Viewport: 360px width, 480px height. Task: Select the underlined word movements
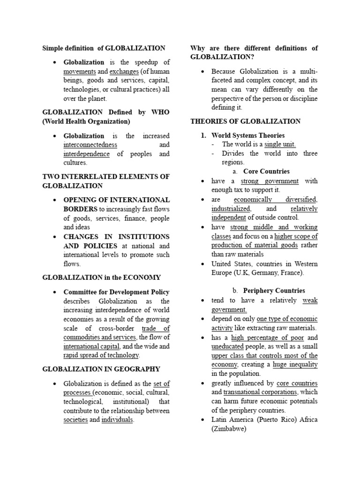coord(80,71)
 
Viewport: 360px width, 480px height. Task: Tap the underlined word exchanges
coord(124,71)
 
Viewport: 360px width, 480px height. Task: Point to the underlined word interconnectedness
coord(90,145)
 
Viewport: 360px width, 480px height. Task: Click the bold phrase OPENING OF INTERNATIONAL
coord(116,200)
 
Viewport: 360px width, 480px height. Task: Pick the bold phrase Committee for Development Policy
coord(116,292)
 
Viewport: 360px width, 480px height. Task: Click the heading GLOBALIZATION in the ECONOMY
coord(101,277)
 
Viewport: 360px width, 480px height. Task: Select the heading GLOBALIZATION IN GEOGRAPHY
coord(101,369)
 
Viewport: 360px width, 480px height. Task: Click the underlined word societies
coord(75,420)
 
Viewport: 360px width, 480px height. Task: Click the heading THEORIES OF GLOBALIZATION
coord(245,121)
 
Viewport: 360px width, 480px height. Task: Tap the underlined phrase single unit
coord(280,144)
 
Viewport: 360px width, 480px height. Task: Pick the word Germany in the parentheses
coord(263,273)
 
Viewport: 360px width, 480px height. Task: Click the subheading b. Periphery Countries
coord(269,291)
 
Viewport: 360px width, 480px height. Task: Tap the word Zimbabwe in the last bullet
coord(228,428)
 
